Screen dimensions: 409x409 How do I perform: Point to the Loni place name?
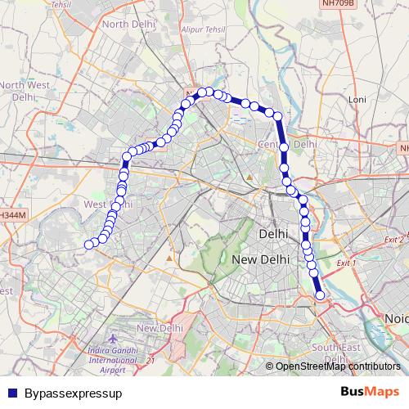[357, 99]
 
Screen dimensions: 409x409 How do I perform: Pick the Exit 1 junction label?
[347, 263]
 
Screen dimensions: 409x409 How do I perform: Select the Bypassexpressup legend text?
[74, 393]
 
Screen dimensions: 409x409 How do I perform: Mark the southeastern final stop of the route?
[320, 295]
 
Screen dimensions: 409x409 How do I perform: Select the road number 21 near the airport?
[151, 360]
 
